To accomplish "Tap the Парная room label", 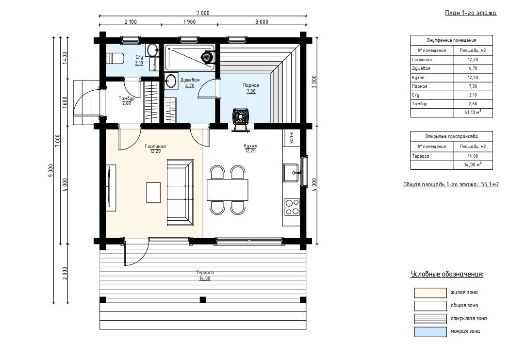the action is (x=251, y=85).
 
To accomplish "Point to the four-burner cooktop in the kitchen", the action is (x=292, y=207).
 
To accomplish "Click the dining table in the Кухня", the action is (x=228, y=190).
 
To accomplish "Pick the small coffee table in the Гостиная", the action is (x=153, y=193).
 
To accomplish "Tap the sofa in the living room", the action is (x=181, y=193).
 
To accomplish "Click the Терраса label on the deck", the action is (x=205, y=273).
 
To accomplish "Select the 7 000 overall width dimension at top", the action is (x=203, y=13).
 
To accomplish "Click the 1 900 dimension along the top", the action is (x=190, y=22).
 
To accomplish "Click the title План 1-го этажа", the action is (x=471, y=13).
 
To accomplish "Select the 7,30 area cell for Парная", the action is (x=473, y=86).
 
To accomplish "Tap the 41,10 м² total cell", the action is (x=473, y=113).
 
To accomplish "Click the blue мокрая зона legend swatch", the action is (x=430, y=332).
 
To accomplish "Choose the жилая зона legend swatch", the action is (x=430, y=293).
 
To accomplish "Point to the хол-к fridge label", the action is (x=292, y=138).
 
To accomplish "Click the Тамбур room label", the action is (x=127, y=98).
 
